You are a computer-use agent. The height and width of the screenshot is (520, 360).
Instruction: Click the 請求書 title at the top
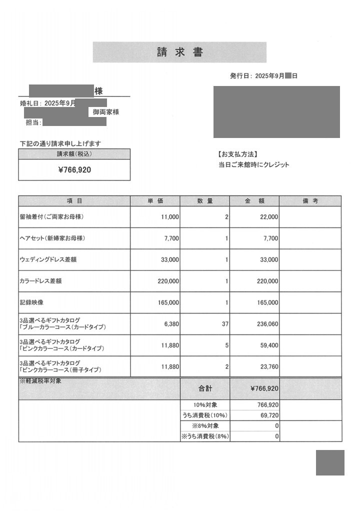point(179,52)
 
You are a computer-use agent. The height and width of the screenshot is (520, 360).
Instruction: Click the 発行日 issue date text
point(263,76)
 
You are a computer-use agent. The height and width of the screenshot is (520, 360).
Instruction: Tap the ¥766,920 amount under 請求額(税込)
point(74,170)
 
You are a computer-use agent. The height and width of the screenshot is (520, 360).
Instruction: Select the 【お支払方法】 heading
point(238,154)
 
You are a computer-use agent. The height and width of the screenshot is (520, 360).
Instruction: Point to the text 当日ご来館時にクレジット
point(253,165)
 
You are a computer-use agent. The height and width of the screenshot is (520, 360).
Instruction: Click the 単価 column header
point(155,201)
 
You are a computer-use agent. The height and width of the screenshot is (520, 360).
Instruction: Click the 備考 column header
point(310,201)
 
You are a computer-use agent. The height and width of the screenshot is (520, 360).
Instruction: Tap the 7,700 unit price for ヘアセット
point(171,238)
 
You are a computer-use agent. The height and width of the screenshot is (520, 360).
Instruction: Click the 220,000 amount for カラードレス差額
point(267,281)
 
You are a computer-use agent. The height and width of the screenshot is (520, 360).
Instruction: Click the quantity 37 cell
point(224,324)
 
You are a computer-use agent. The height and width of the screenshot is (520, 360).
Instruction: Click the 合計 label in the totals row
point(205,388)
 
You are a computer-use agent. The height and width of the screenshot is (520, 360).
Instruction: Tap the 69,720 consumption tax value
point(269,415)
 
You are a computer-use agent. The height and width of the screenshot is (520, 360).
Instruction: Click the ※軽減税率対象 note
point(41,381)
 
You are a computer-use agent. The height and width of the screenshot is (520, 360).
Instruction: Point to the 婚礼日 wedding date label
point(30,103)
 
